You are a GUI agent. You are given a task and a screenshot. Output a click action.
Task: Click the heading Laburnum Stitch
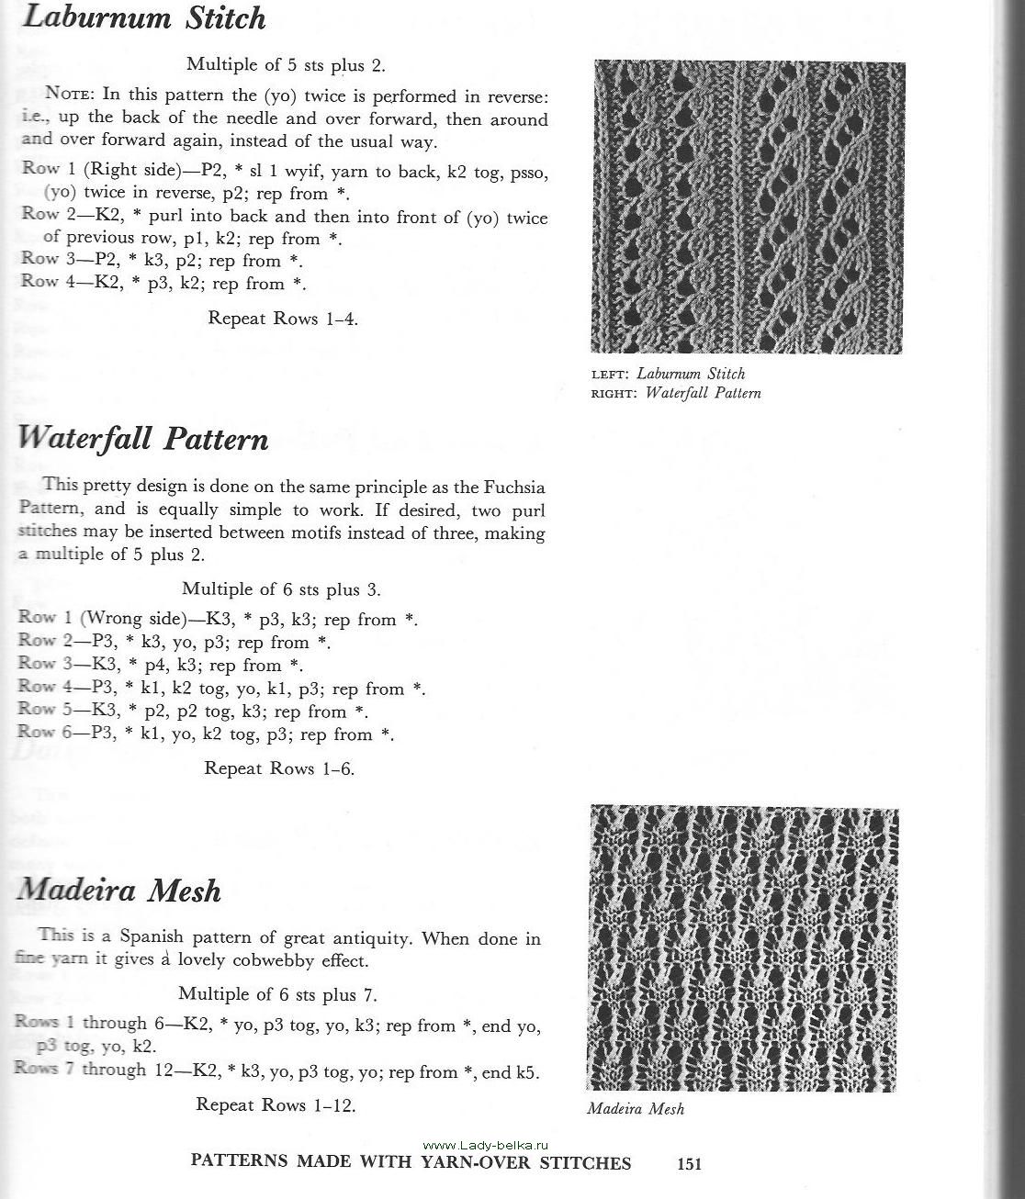[144, 18]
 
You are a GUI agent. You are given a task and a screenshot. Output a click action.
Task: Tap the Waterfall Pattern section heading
[143, 439]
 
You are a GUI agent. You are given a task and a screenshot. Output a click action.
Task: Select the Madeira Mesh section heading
[119, 890]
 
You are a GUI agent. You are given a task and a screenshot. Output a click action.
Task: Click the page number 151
[689, 1164]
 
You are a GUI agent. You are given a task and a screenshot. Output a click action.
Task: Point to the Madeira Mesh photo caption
[636, 1108]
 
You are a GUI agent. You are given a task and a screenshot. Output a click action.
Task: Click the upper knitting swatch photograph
[749, 207]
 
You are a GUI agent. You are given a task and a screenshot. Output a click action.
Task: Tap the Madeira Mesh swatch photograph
[743, 947]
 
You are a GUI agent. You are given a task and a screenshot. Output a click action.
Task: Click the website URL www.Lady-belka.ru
[486, 1145]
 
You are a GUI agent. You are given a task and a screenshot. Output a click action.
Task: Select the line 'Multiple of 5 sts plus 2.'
[286, 64]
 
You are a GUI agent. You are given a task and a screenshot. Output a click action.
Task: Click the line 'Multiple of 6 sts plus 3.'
[281, 589]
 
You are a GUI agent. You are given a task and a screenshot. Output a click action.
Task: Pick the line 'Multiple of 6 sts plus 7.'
[277, 994]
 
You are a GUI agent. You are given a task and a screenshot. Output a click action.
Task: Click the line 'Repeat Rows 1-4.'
[283, 319]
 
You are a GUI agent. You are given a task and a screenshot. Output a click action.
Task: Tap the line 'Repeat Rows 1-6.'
[279, 768]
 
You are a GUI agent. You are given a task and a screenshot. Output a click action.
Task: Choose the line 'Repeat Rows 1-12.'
[276, 1105]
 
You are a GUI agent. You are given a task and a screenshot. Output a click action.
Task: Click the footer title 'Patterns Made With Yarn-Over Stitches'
[411, 1162]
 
